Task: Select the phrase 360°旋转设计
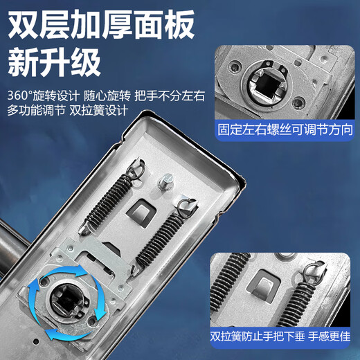pyautogui.click(x=39, y=94)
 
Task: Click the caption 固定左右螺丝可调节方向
pyautogui.click(x=284, y=129)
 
